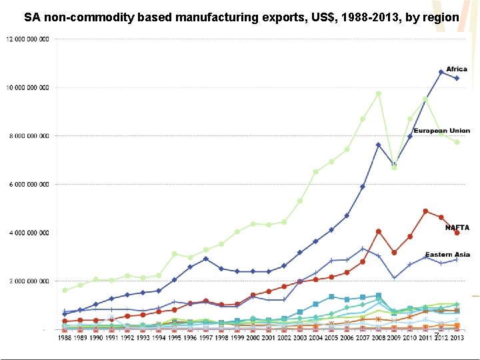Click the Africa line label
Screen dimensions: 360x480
click(x=457, y=69)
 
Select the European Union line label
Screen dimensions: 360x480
click(x=441, y=131)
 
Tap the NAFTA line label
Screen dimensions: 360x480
click(x=457, y=227)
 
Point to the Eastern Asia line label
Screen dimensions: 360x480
click(x=447, y=255)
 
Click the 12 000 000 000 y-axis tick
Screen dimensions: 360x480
click(x=27, y=39)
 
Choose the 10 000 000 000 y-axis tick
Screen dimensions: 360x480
click(x=27, y=87)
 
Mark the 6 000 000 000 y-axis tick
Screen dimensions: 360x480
click(x=29, y=185)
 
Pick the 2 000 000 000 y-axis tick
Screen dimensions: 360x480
click(x=29, y=281)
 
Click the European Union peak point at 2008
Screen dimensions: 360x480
click(x=378, y=94)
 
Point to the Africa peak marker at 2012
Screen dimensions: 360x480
click(x=441, y=72)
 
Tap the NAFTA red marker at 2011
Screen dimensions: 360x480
click(x=425, y=211)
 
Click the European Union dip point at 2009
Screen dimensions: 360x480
click(x=394, y=167)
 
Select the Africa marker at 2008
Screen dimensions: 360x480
click(x=378, y=145)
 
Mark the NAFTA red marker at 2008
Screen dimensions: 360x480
click(x=378, y=231)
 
